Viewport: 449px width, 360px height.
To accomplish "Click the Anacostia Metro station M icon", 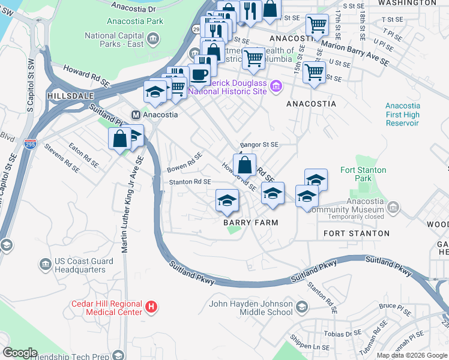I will pos(136,115).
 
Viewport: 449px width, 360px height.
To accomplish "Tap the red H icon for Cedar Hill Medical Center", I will pos(151,307).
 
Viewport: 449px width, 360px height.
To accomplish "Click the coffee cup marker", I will pos(200,74).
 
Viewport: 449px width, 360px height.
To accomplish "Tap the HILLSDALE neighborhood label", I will pos(67,95).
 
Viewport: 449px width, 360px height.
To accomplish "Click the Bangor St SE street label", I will pos(259,145).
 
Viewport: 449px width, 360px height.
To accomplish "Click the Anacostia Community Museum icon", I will pos(393,208).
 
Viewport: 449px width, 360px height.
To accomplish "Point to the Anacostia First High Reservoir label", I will pos(402,114).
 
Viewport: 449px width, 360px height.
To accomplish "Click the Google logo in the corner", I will pos(20,353).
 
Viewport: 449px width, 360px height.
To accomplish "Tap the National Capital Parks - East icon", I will pos(153,40).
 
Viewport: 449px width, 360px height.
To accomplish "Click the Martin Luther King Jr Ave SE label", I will pos(125,204).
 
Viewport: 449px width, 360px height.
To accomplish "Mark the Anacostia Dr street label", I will pos(134,9).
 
